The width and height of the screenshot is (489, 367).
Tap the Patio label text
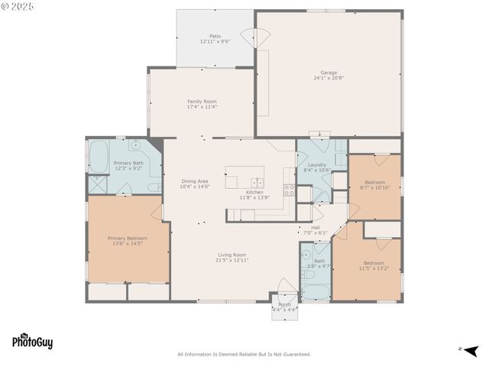coord(215,38)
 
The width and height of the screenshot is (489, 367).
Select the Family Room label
coord(202,104)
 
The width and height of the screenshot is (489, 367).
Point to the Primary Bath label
coord(128,165)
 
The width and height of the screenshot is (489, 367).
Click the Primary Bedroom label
coord(127,241)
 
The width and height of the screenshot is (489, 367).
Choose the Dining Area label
coord(195,183)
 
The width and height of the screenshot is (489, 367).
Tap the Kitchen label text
coord(254,194)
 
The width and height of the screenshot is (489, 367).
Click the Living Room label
coord(232,257)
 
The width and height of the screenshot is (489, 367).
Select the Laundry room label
coord(317,167)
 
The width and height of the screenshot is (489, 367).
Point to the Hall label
coord(316,229)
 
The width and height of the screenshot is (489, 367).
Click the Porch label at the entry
coord(284,307)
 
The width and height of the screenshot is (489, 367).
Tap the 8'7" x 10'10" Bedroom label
coord(374,184)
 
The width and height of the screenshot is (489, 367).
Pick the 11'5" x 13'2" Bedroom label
coord(374,265)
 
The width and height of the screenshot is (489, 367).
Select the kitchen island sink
coord(258,182)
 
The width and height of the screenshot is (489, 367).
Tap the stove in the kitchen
coord(290,190)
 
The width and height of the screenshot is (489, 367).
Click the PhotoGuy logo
coord(32,342)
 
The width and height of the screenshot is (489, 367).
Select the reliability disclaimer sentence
coord(244,354)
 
